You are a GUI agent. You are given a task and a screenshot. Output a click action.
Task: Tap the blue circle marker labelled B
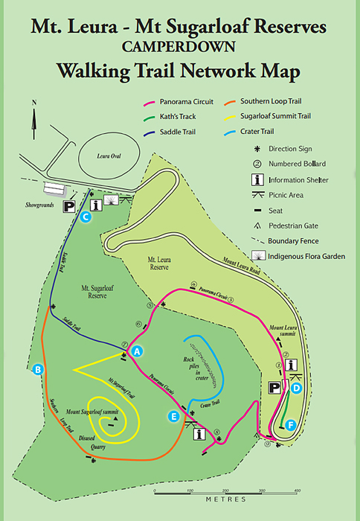coord(39,369)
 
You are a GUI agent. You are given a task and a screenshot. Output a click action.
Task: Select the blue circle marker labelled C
coord(86,217)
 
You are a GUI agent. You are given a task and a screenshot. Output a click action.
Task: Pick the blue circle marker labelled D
coord(296,387)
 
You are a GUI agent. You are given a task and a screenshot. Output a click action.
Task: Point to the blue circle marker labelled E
coord(174,417)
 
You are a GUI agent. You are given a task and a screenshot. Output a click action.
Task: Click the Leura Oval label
coord(109,156)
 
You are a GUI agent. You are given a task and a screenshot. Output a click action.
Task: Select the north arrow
coord(33,119)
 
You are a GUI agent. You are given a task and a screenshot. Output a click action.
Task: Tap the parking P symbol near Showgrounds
coord(69,206)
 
